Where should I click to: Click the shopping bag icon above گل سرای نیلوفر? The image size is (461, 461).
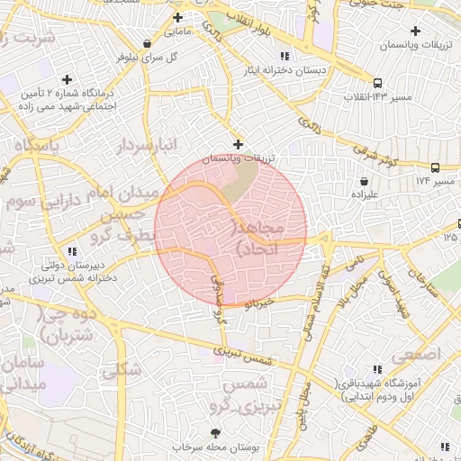(147, 42)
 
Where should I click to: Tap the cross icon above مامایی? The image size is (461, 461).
(177, 17)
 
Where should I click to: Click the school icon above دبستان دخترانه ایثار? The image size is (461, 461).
(285, 56)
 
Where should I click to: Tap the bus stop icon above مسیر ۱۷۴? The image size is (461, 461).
(436, 167)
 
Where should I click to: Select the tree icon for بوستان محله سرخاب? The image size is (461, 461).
(214, 433)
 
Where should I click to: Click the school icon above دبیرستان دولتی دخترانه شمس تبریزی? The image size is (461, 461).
(72, 251)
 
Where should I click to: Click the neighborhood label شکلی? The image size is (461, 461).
(122, 369)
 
